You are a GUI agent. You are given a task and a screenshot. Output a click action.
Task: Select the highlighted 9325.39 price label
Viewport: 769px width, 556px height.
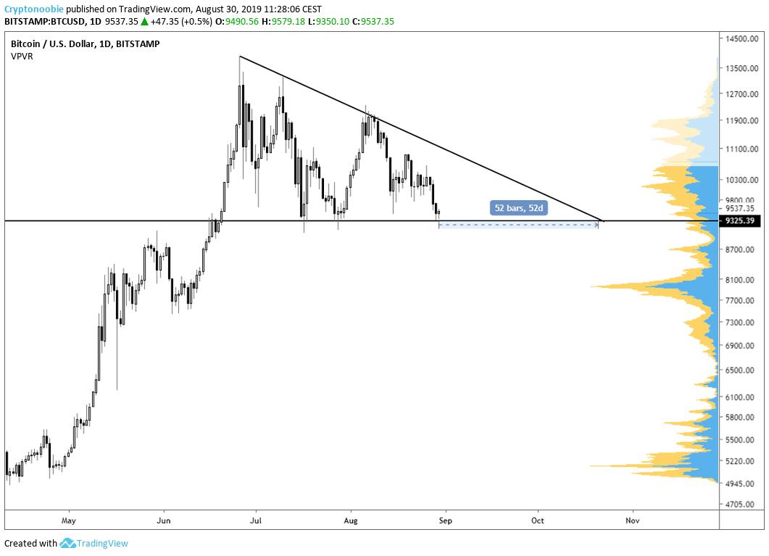click(x=740, y=220)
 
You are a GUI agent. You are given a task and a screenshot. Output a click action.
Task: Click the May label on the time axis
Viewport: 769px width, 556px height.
click(x=69, y=520)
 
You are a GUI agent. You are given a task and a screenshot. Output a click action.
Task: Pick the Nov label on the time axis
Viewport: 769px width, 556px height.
click(x=633, y=520)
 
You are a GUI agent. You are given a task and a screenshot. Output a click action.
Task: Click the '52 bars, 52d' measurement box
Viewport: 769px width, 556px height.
click(x=519, y=208)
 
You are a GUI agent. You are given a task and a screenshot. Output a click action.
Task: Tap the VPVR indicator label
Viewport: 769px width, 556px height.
click(x=22, y=57)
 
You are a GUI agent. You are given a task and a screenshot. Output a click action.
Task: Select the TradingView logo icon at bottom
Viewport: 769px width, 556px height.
click(x=68, y=543)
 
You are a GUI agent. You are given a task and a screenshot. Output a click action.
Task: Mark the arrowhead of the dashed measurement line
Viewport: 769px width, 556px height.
click(x=597, y=225)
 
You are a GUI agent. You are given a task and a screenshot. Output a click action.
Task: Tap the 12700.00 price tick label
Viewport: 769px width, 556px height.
click(x=741, y=94)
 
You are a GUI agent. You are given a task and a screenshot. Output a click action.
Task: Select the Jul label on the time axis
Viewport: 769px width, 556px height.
click(x=255, y=520)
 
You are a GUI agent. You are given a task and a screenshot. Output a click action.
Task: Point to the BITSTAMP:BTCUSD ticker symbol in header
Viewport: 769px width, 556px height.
click(x=44, y=21)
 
